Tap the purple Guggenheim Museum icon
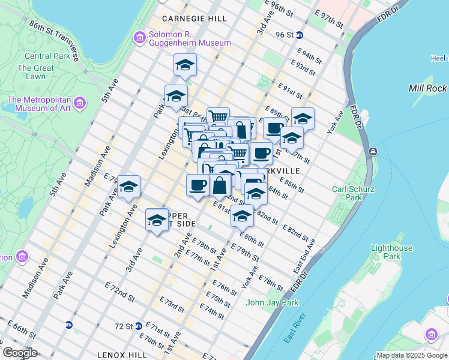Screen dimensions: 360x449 140,38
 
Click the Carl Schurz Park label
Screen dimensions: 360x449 348,193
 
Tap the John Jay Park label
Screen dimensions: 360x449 272,302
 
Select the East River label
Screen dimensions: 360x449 295,328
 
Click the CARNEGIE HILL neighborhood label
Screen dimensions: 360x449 194,19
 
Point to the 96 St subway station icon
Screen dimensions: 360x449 298,35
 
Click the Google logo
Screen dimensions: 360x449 20,353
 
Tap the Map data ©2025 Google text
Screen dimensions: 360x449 412,355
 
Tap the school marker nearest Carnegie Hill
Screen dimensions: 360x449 185,65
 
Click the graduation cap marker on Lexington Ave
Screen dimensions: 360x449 128,188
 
